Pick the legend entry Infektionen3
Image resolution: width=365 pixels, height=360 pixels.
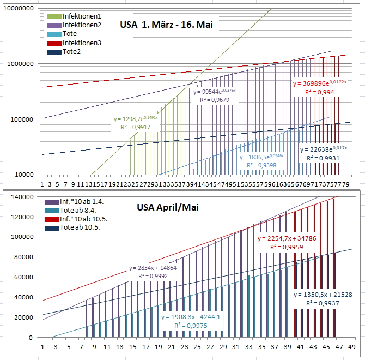[82, 43]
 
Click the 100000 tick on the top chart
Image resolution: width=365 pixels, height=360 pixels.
[22, 119]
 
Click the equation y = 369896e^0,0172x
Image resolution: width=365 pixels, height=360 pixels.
[319, 83]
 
